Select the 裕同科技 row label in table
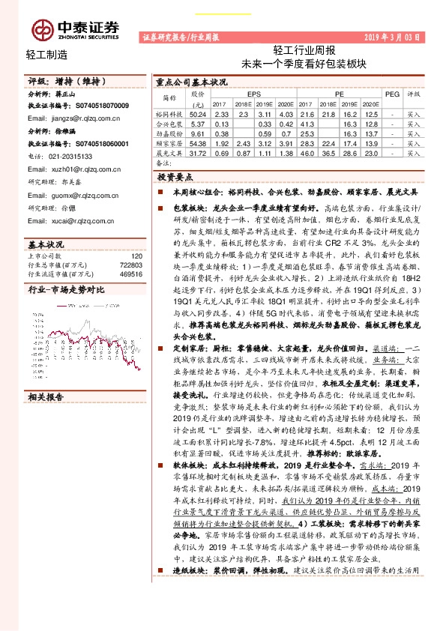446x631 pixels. [169, 113]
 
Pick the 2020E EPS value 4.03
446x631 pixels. [286, 113]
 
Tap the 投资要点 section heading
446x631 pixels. [176, 176]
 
